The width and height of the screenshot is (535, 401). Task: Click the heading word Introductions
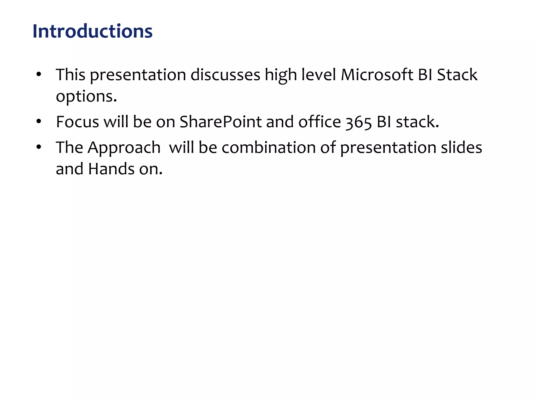tap(92, 31)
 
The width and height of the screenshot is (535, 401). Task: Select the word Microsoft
tap(377, 75)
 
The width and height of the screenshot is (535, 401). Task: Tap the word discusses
tap(225, 75)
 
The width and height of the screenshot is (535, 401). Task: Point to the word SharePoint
tap(220, 122)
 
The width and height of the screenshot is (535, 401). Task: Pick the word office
tap(319, 122)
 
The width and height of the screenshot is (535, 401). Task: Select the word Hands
tap(111, 169)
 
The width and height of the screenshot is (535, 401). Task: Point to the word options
tap(86, 97)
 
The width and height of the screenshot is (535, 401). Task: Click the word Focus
tap(78, 122)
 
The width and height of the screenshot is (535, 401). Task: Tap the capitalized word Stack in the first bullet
tap(457, 75)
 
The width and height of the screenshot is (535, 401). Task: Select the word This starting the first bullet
tap(71, 75)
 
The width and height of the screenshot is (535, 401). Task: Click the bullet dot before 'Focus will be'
tap(39, 121)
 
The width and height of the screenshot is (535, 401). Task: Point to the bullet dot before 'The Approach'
tap(39, 147)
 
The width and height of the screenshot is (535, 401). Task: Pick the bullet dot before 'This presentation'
tap(39, 74)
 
